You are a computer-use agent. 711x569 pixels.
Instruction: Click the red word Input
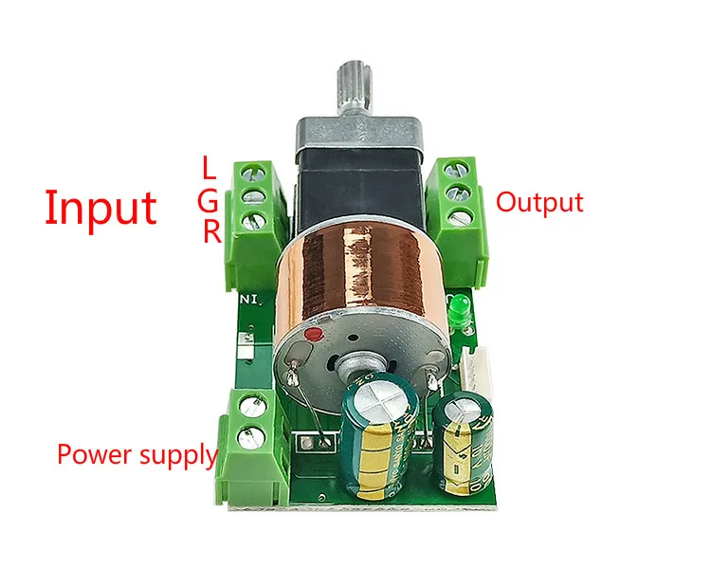(100, 207)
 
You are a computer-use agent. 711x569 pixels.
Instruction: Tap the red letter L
(210, 168)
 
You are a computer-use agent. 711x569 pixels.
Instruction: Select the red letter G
(210, 200)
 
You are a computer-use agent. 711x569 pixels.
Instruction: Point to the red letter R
(211, 232)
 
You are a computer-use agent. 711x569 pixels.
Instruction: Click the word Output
(539, 202)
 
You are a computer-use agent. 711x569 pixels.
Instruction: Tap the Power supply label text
(137, 454)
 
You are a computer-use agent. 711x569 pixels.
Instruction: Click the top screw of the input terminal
(252, 173)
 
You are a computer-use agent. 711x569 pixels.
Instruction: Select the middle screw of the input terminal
(253, 197)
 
